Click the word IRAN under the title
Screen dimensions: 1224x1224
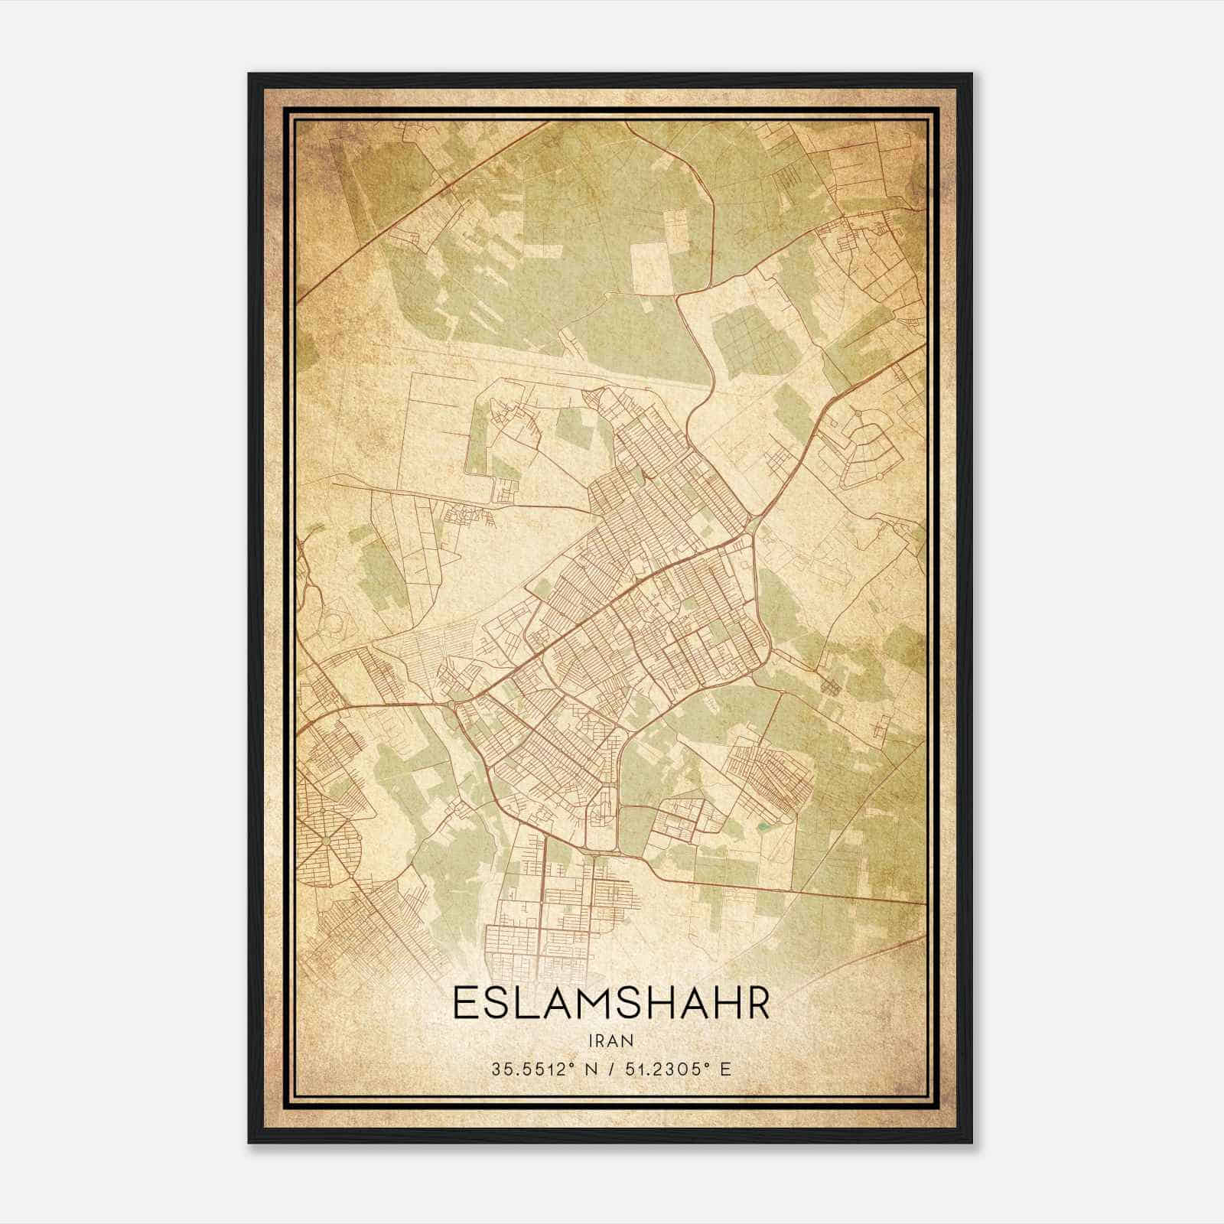(611, 1040)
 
